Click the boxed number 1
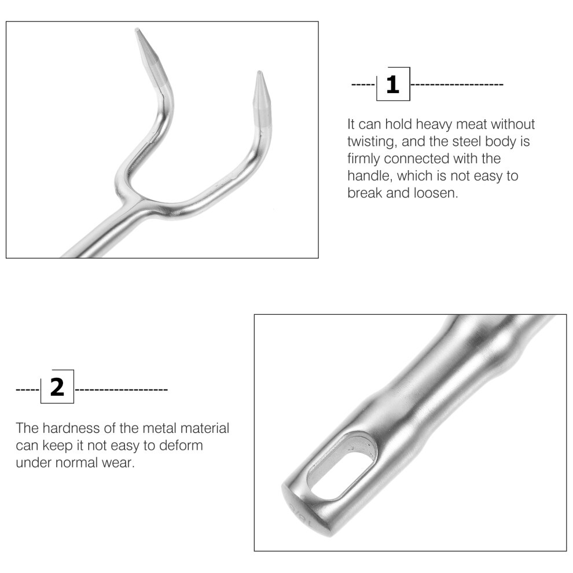[392, 85]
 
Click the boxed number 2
[57, 387]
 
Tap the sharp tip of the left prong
[137, 29]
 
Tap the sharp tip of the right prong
[259, 72]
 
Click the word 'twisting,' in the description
[372, 141]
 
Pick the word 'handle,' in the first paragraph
[370, 176]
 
